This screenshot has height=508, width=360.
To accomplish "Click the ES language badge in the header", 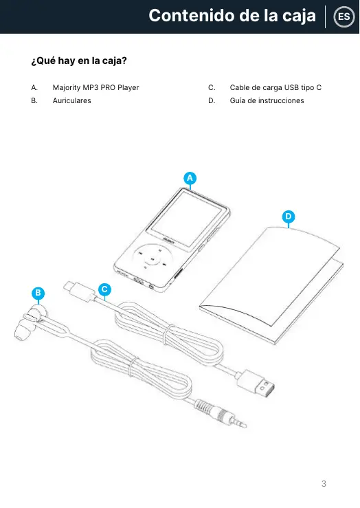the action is pyautogui.click(x=344, y=16).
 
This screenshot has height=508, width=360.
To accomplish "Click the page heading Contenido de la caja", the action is pyautogui.click(x=232, y=16).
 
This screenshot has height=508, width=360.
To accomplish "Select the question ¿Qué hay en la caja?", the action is pyautogui.click(x=79, y=60).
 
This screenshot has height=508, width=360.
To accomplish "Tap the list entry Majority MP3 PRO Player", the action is pyautogui.click(x=95, y=87).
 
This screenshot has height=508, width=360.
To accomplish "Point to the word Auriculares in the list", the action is pyautogui.click(x=72, y=100).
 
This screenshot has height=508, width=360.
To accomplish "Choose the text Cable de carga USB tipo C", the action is pyautogui.click(x=275, y=87).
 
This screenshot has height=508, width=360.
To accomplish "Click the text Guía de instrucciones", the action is pyautogui.click(x=267, y=100).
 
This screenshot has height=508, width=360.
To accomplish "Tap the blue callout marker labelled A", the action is pyautogui.click(x=190, y=178).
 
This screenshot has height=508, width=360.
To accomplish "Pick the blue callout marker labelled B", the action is pyautogui.click(x=38, y=294).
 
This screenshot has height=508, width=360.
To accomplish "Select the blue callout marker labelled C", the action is pyautogui.click(x=104, y=289).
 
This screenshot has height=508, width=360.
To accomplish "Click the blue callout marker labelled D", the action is pyautogui.click(x=289, y=217).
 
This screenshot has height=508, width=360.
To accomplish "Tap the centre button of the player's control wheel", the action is pyautogui.click(x=152, y=260).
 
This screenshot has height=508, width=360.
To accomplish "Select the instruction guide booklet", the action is pyautogui.click(x=271, y=285).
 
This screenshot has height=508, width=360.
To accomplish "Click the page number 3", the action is pyautogui.click(x=324, y=484).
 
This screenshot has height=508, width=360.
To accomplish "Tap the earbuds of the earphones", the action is pyautogui.click(x=30, y=322).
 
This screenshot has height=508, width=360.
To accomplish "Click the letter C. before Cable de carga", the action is pyautogui.click(x=212, y=87).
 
